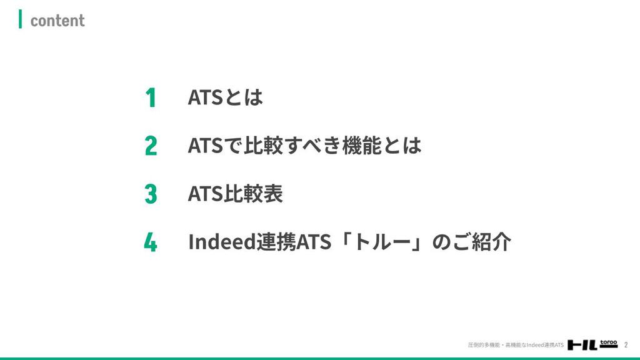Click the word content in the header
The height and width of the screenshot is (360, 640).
coord(57,21)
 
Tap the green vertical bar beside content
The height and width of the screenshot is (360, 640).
coord(21,19)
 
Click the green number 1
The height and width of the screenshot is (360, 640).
coord(151,97)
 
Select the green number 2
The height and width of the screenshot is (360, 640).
coord(151,146)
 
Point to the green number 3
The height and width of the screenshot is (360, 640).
coord(151,194)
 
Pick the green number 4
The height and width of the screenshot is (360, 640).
coord(151,242)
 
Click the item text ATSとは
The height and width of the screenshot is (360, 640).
coord(225,97)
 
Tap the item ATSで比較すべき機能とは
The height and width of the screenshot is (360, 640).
coord(304,146)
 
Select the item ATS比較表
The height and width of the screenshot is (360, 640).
coord(235,194)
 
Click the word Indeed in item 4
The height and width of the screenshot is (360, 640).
coord(222,242)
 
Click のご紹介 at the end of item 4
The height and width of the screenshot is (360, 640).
coord(471,242)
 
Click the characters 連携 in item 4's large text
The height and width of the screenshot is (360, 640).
coord(276,242)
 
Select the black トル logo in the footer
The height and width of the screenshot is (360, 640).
coord(582,345)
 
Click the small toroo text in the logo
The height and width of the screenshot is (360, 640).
coord(609,342)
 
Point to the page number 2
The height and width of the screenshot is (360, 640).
coord(626,345)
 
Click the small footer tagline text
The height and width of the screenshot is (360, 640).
coord(516,345)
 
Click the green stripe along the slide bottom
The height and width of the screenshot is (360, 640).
coord(320,358)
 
